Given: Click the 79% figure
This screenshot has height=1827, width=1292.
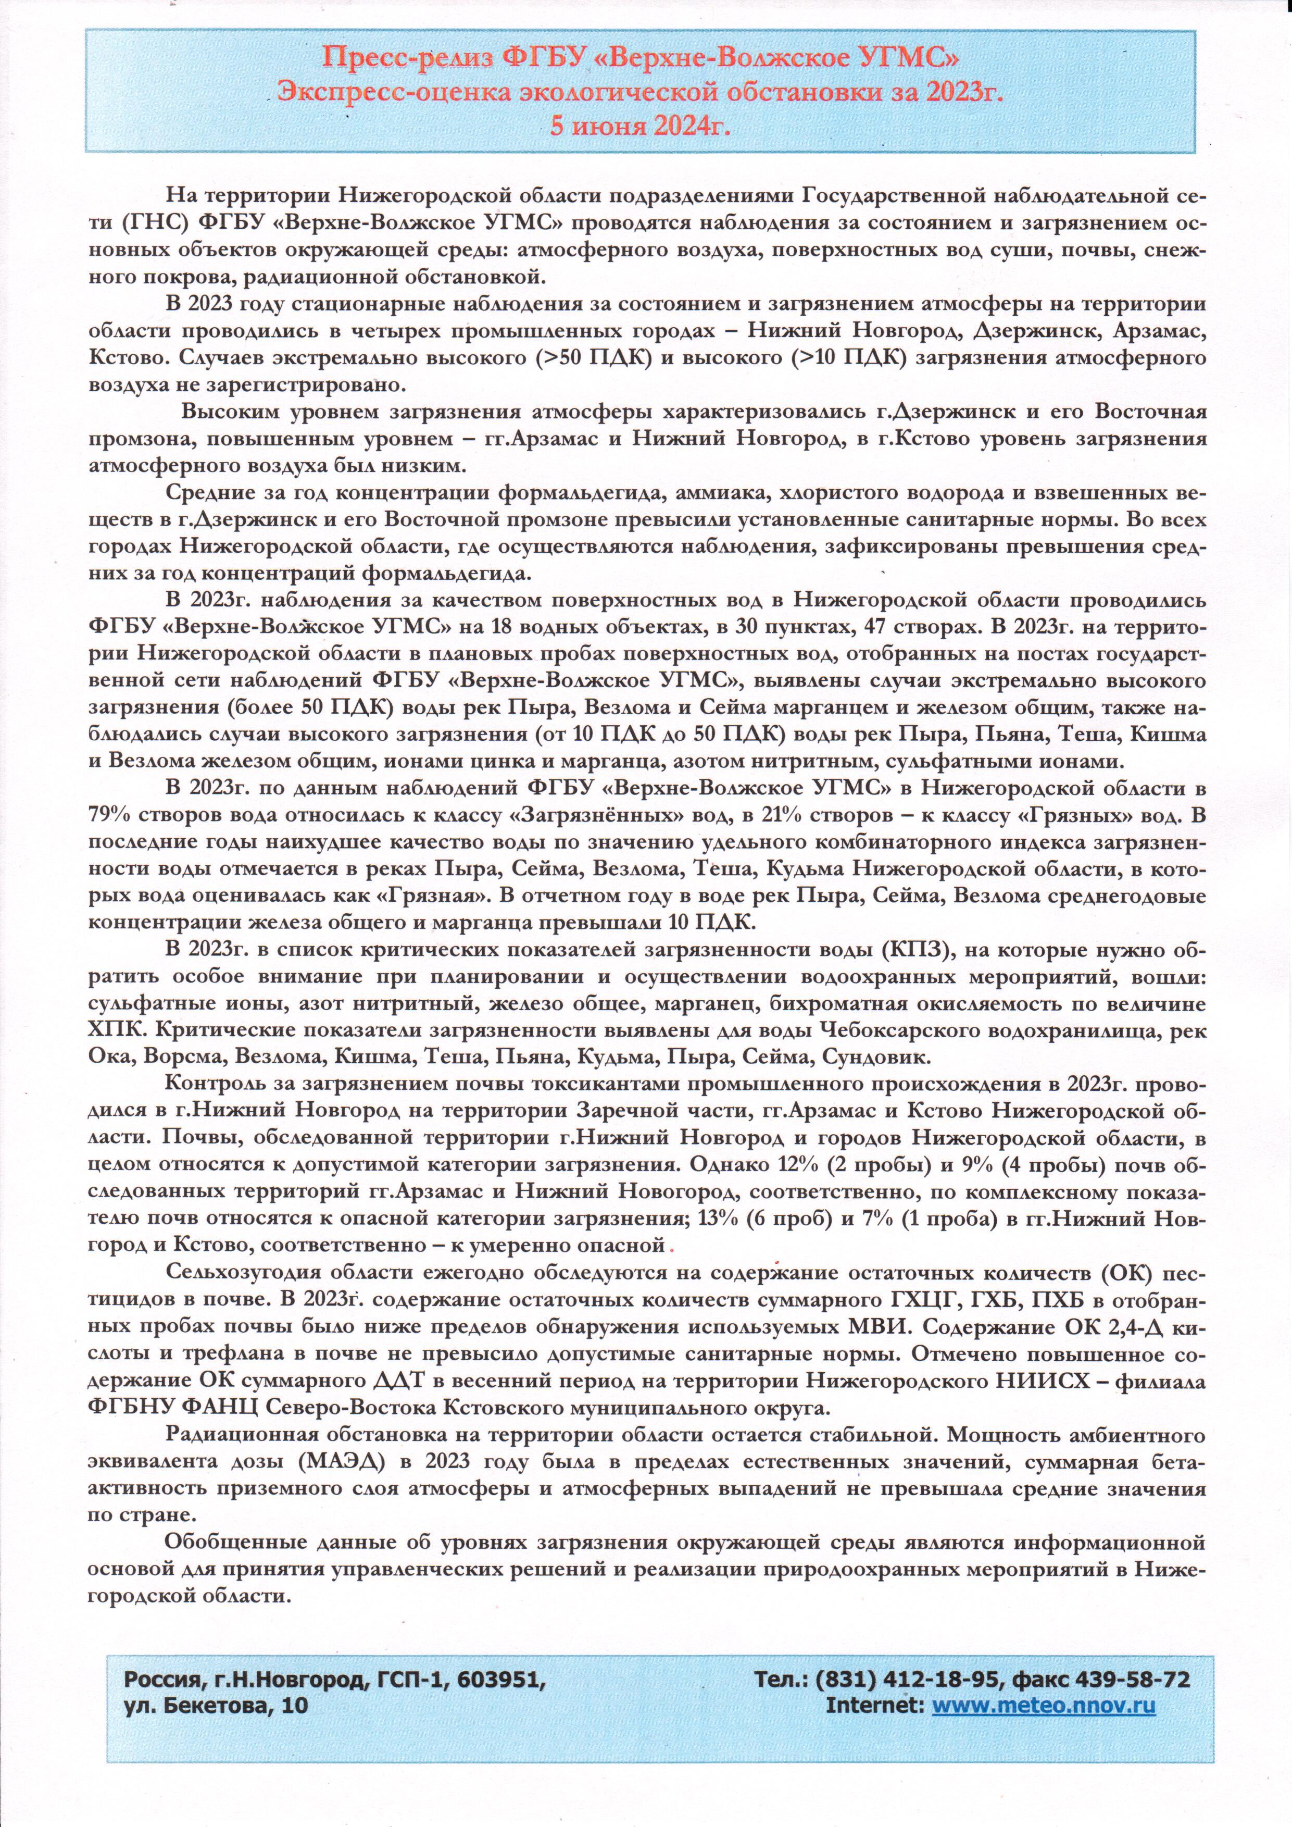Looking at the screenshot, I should (112, 816).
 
